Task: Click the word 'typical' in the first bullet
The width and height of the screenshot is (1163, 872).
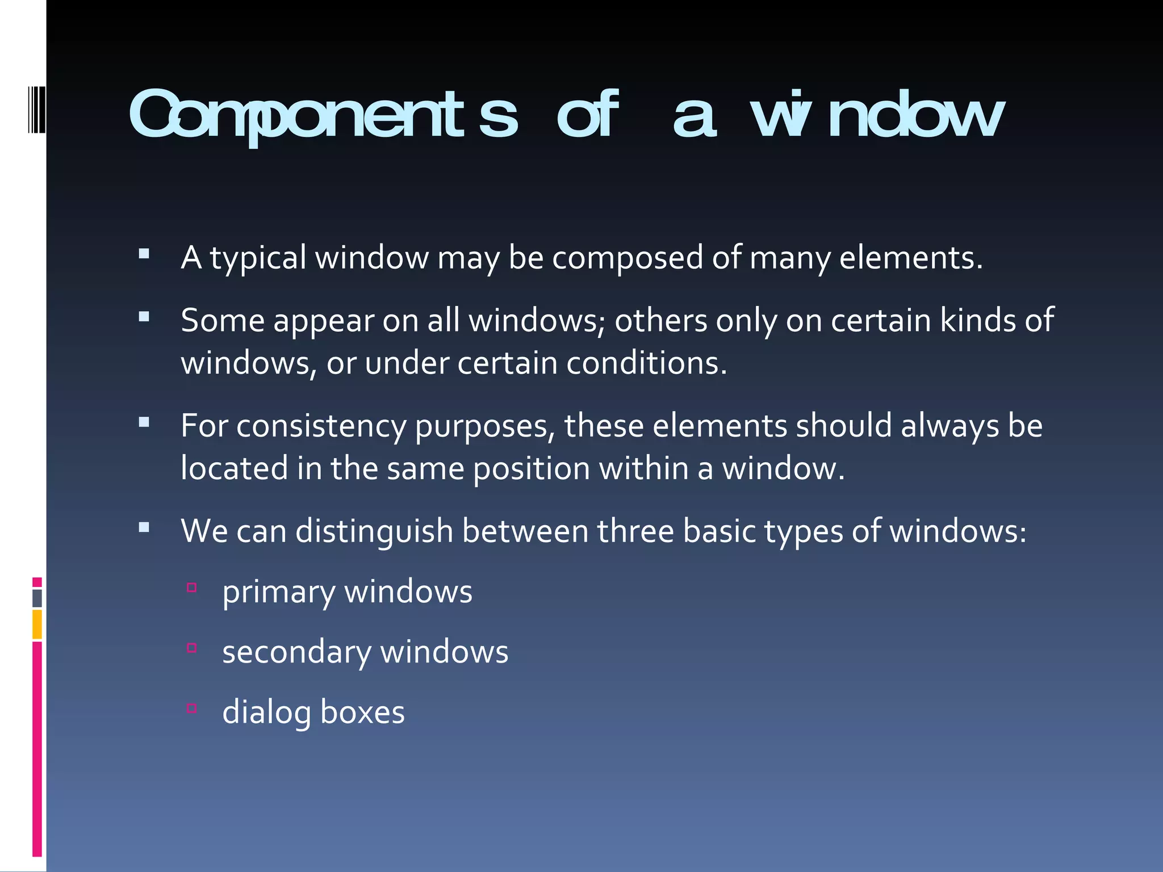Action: (258, 258)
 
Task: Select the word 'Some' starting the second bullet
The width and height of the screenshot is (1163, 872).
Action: (223, 320)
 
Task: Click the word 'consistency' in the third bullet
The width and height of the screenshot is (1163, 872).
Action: (321, 427)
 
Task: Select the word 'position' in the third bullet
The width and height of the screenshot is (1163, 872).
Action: (532, 469)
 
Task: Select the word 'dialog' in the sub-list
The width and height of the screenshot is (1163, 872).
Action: (266, 713)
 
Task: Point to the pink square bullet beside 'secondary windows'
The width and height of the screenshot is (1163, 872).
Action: (192, 648)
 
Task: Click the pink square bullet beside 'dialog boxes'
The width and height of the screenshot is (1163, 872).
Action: (192, 708)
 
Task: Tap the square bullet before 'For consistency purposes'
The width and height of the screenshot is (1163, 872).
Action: (144, 422)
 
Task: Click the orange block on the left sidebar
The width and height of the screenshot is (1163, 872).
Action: (37, 624)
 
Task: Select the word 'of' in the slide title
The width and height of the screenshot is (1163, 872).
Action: (586, 116)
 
